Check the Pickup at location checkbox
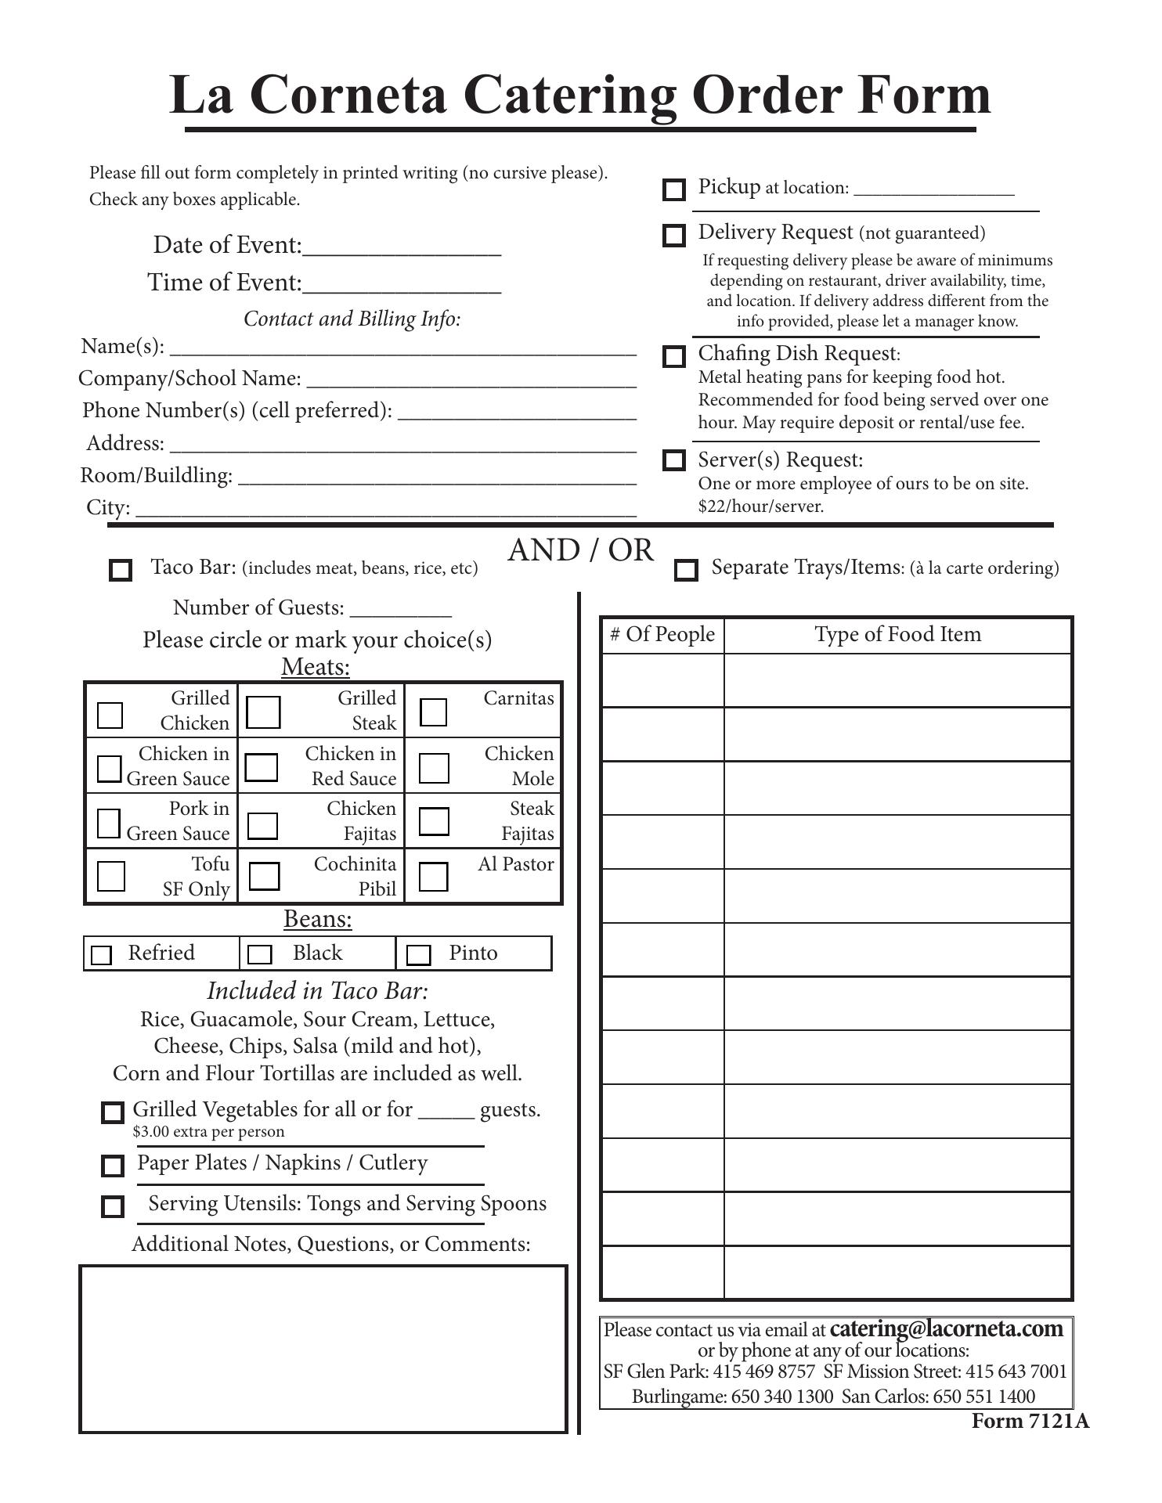pyautogui.click(x=673, y=189)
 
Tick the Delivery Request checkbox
pyautogui.click(x=673, y=235)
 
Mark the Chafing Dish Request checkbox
pyautogui.click(x=673, y=356)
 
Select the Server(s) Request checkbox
pyautogui.click(x=673, y=460)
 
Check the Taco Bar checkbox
pyautogui.click(x=121, y=570)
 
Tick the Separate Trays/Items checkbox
pyautogui.click(x=686, y=570)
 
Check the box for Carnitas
pyautogui.click(x=434, y=712)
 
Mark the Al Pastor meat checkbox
pyautogui.click(x=434, y=877)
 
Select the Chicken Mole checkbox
pyautogui.click(x=434, y=768)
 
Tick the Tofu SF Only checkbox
pyautogui.click(x=110, y=876)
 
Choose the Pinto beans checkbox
pyautogui.click(x=419, y=954)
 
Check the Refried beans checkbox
pyautogui.click(x=101, y=955)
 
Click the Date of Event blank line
pyautogui.click(x=401, y=249)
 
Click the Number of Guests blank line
pyautogui.click(x=400, y=611)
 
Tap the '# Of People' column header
pyautogui.click(x=662, y=634)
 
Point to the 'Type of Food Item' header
pyautogui.click(x=897, y=634)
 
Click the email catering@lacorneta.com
pyautogui.click(x=946, y=1329)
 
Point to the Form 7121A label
pyautogui.click(x=1030, y=1421)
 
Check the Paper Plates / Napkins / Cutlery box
pyautogui.click(x=113, y=1166)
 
